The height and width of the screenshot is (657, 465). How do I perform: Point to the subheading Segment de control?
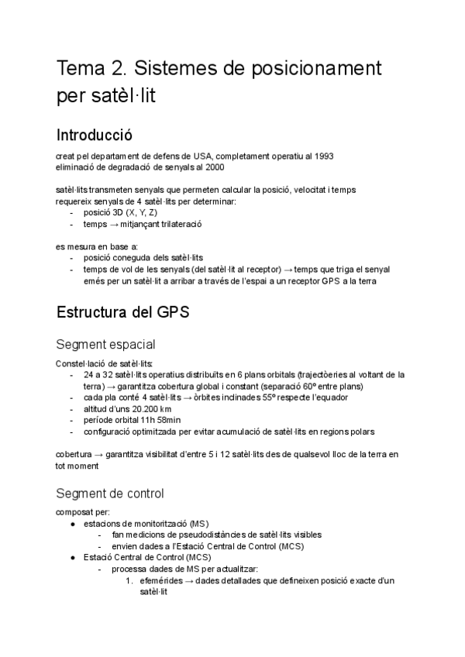click(110, 493)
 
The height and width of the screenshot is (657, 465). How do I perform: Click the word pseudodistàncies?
click(195, 535)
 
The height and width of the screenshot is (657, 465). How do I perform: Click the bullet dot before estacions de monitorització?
click(72, 524)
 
